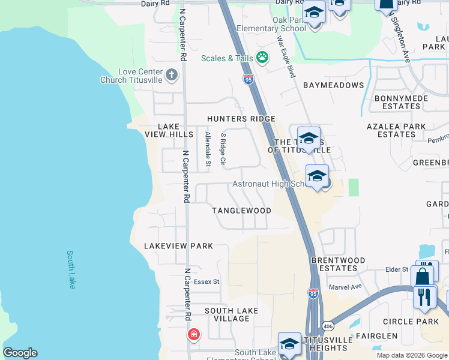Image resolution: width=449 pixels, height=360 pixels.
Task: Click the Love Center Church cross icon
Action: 172,75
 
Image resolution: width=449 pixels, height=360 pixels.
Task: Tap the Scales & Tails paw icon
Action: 262,58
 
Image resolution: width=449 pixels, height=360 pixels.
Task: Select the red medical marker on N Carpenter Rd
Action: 194,334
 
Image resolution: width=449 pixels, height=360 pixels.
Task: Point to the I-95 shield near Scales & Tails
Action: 249,79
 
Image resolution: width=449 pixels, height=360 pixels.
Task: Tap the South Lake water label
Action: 71,269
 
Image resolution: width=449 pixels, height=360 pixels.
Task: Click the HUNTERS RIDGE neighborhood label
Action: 241,119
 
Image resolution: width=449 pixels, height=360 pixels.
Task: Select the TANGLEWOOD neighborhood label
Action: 241,211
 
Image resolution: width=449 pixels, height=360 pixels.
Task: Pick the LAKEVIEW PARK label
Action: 178,246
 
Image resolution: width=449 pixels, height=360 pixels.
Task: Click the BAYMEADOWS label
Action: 334,85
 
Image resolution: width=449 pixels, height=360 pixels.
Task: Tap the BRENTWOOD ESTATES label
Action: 338,264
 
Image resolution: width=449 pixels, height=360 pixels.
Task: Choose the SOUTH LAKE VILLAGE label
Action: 231,314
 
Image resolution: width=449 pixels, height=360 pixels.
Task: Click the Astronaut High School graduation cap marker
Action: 317,176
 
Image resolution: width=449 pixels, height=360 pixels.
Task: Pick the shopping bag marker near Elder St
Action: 423,277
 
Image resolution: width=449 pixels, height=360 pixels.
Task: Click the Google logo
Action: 20,353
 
